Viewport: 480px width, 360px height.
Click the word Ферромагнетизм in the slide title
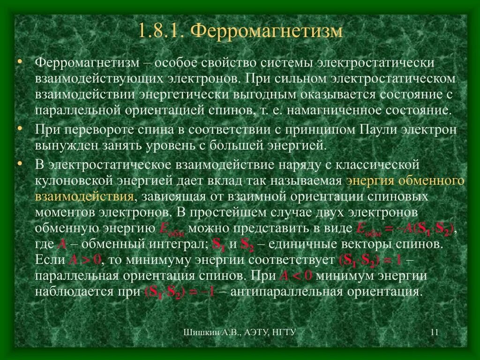tap(268, 31)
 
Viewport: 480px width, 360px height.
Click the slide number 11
tap(434, 333)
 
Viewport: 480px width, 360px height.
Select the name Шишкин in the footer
tap(198, 333)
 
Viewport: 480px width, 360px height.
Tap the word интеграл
tap(178, 245)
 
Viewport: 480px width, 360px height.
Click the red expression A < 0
tap(296, 276)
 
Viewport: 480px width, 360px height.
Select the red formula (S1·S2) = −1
tap(180, 292)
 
